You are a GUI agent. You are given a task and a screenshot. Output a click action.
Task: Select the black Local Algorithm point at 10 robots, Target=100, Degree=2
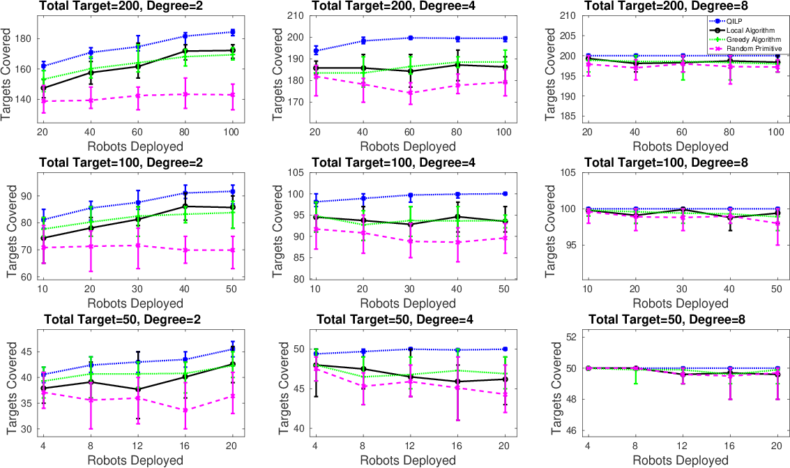(x=44, y=238)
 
